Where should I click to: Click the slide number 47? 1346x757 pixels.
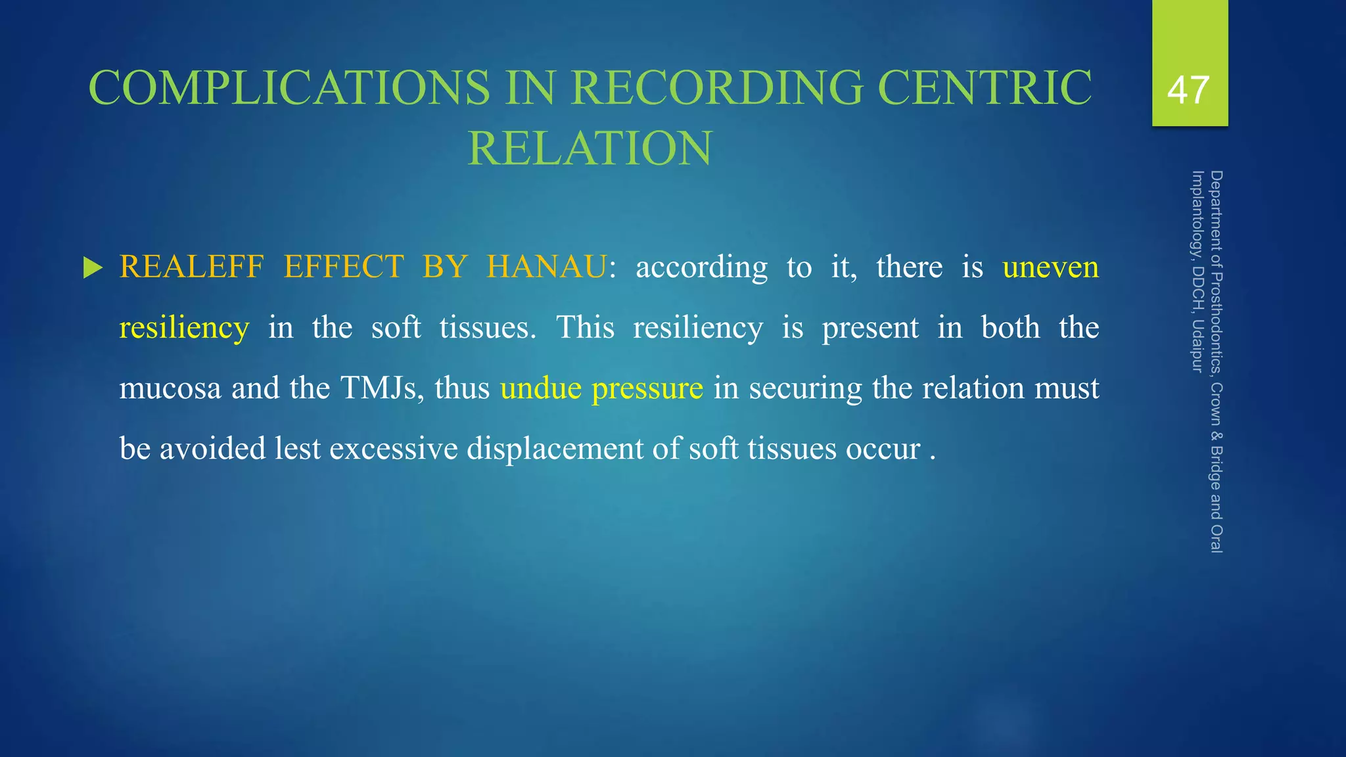[x=1188, y=90]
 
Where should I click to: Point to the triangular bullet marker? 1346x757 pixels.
[x=93, y=268]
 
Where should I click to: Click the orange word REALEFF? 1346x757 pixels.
[x=191, y=267]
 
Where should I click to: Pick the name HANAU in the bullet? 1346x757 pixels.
[x=547, y=267]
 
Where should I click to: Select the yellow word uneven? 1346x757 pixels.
[x=1050, y=267]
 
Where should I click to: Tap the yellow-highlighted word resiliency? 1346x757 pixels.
[x=184, y=327]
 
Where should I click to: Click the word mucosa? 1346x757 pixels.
[x=170, y=388]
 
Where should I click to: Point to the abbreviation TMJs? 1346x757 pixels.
[x=382, y=388]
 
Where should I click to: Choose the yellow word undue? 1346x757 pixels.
[x=540, y=388]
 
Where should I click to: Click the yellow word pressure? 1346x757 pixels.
[x=647, y=388]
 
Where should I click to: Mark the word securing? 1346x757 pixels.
[x=805, y=388]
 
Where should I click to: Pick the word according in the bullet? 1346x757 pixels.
[x=701, y=267]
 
